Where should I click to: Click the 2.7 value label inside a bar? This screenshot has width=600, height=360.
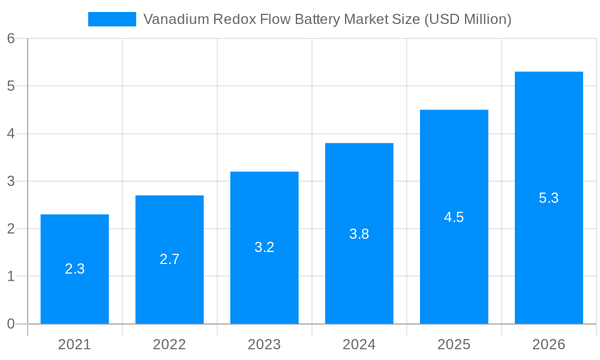(169, 259)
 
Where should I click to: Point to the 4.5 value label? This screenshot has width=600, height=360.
(454, 217)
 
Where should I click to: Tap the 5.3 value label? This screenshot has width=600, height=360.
(548, 198)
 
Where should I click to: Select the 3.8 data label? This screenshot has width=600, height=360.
(359, 234)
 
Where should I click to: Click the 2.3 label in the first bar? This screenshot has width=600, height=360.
(74, 269)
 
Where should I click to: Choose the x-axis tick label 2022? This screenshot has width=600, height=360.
(169, 344)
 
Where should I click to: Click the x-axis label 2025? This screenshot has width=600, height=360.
(454, 344)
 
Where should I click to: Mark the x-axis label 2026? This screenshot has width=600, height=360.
(548, 344)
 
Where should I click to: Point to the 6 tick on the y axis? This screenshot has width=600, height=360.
(11, 38)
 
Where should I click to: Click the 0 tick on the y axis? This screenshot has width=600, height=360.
(11, 324)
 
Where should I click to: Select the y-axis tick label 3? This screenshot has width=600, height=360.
(11, 181)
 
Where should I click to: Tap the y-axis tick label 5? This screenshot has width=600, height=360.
(11, 86)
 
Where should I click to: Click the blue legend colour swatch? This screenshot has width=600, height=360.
(112, 19)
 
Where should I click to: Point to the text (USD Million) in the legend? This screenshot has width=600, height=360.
(467, 19)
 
